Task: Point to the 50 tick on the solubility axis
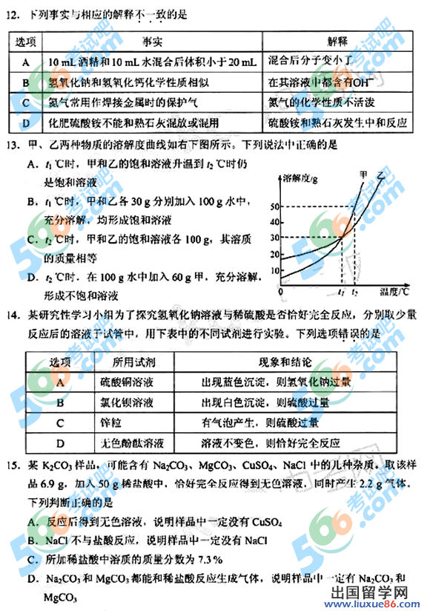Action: click(x=275, y=206)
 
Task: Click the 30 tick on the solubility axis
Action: click(x=275, y=238)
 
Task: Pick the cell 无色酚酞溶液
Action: click(x=132, y=443)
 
